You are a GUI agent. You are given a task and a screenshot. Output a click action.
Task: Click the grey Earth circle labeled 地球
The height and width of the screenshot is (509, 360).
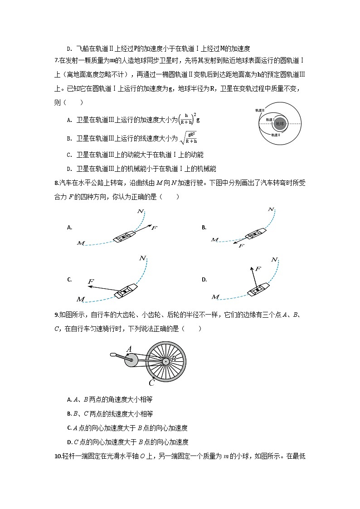[279, 123]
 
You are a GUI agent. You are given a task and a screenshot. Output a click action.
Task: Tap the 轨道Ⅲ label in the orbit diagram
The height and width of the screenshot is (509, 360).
[260, 110]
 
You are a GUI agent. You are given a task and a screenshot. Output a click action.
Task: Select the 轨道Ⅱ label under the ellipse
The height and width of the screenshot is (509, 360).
[276, 135]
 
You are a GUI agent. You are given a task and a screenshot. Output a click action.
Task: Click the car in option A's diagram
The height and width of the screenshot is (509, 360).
[124, 236]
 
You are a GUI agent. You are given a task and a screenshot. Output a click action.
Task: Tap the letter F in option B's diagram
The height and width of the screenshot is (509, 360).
[241, 246]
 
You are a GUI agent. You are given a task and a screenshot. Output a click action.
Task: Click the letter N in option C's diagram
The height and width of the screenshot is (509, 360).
[143, 258]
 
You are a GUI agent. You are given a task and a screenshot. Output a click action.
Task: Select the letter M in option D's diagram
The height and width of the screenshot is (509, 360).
[215, 297]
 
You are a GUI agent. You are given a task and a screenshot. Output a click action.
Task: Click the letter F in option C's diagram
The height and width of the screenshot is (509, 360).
[90, 282]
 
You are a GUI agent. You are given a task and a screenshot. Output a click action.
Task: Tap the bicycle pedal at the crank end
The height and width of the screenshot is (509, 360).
[113, 354]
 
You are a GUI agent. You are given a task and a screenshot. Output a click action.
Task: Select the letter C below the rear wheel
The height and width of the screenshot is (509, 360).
[152, 383]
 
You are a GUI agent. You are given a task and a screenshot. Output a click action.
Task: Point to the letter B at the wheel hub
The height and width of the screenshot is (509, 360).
[173, 360]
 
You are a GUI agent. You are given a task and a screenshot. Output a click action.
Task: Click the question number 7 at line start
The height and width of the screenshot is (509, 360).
[56, 61]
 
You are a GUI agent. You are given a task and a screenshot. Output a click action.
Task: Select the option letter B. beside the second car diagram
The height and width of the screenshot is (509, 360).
[204, 228]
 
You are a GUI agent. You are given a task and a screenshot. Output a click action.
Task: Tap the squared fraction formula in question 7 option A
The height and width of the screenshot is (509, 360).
[189, 119]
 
